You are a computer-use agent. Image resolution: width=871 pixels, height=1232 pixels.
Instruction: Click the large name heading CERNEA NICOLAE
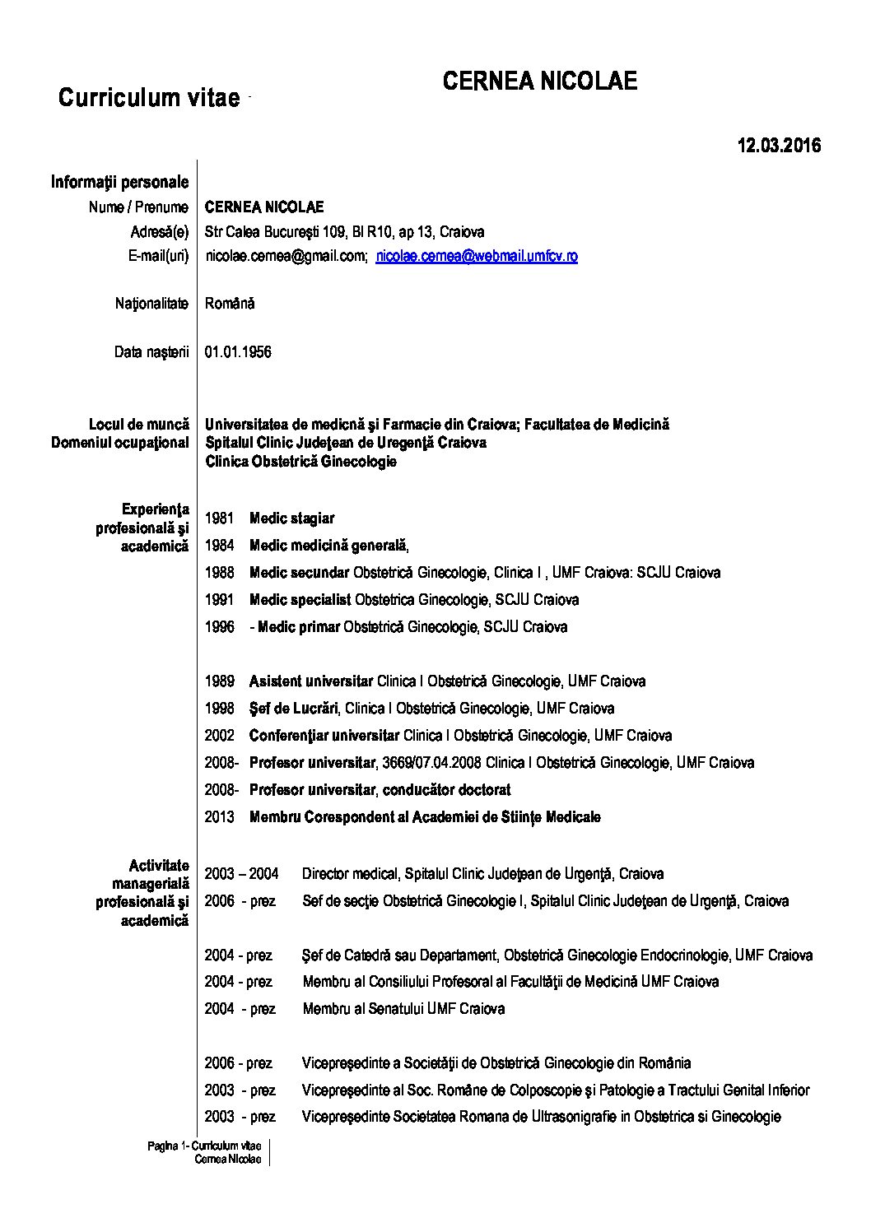point(539,81)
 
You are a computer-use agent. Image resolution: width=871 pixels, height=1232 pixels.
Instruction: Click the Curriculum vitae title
point(149,98)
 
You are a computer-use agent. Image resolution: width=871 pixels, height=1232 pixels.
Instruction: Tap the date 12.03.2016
point(779,146)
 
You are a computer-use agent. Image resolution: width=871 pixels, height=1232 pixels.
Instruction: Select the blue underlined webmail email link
point(476,256)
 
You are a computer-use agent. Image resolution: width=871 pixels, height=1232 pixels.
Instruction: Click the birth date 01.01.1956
point(238,352)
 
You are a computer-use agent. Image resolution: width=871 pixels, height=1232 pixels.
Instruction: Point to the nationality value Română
point(230,304)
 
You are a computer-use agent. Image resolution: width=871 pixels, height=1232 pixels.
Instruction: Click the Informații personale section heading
point(119,182)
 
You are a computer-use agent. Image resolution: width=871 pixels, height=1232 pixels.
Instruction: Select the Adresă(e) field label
point(159,231)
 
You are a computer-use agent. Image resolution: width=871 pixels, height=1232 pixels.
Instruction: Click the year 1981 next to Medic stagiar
point(220,518)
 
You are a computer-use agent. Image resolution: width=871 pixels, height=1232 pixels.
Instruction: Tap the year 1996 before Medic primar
point(220,627)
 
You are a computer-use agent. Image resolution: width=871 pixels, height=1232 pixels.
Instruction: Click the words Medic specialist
point(300,600)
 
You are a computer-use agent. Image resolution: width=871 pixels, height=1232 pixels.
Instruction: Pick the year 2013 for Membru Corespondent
point(220,817)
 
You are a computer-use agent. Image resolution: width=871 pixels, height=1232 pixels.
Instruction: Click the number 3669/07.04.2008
point(432,763)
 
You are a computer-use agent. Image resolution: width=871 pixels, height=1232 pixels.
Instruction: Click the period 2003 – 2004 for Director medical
point(241,874)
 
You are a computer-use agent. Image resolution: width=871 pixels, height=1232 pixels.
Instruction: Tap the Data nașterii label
point(151,352)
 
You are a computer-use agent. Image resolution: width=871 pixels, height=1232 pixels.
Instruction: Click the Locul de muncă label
point(139,425)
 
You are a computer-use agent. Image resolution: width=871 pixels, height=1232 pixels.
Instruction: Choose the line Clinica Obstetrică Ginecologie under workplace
point(300,462)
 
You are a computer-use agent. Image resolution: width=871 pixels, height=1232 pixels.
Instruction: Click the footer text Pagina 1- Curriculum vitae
point(204,1146)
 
